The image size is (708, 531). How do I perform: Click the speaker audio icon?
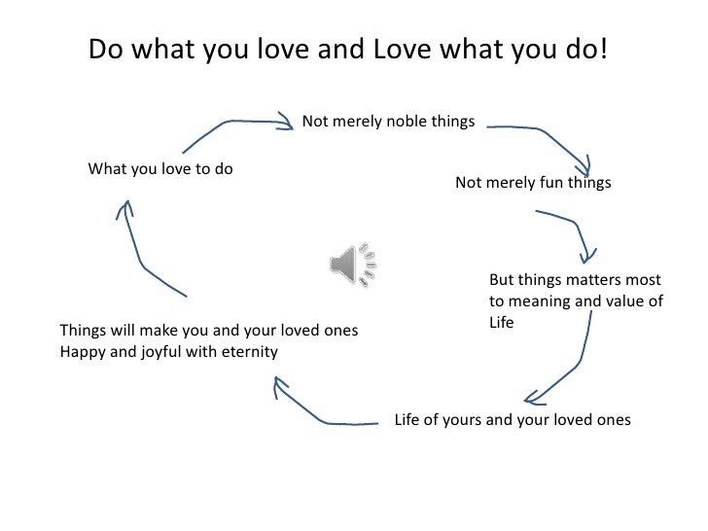coord(351,263)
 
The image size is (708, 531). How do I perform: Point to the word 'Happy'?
coord(83,351)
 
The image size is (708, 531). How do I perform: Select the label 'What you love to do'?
coord(160,168)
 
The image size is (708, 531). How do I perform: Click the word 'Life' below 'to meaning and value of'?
coord(502,322)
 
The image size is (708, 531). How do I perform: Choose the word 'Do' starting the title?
coord(105,49)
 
